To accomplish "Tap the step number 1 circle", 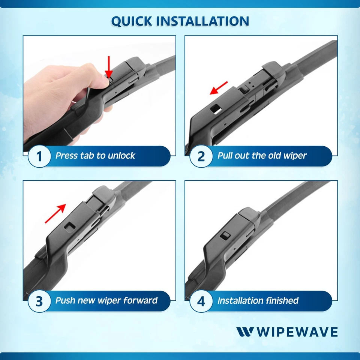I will [39, 156].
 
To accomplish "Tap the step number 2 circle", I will [201, 156].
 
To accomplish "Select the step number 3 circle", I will [39, 301].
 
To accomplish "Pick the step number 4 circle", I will [201, 301].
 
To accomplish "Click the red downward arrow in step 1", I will [109, 67].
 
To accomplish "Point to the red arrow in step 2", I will [219, 88].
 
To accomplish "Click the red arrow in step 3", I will [55, 213].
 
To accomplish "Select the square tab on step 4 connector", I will [226, 235].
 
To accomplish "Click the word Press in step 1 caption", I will [67, 156].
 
